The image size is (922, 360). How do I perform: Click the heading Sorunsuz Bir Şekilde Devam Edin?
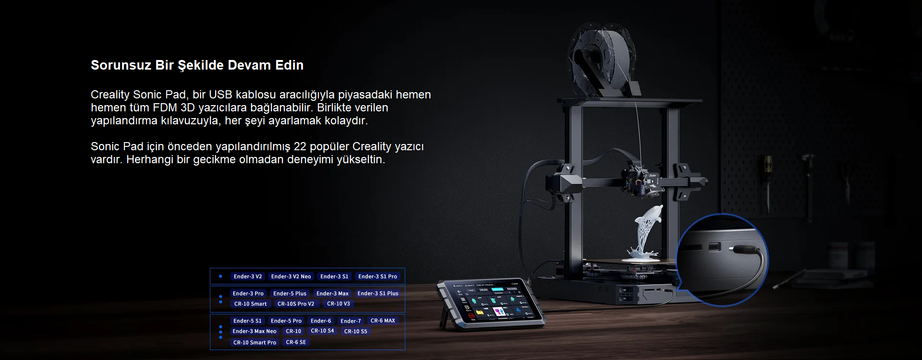197,65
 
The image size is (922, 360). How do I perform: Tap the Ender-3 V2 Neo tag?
291,276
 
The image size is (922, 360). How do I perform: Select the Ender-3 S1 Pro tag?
377,276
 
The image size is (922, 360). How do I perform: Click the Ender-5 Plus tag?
290,293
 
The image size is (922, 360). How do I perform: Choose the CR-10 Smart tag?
250,304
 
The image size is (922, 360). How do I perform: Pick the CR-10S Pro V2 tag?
296,304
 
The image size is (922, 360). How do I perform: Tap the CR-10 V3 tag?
339,304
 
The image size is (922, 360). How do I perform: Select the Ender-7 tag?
351,321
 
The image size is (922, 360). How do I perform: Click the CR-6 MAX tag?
383,321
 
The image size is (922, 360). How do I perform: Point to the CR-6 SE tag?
296,342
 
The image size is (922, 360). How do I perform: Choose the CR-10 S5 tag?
355,331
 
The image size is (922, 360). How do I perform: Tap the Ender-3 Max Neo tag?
255,331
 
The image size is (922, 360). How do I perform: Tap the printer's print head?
641,180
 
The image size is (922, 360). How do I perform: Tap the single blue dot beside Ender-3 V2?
220,276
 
